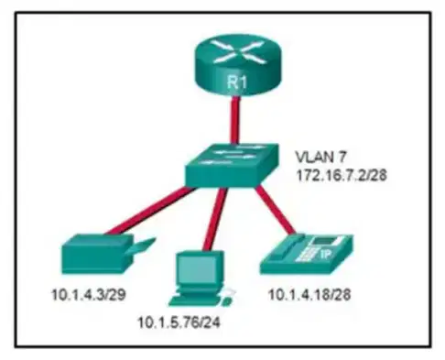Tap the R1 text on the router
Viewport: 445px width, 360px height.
(x=237, y=82)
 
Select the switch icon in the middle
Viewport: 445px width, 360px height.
(x=232, y=165)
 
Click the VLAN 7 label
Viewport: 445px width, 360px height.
(x=320, y=157)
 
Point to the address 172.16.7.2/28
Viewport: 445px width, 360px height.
(x=342, y=176)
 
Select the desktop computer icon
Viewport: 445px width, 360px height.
(x=201, y=278)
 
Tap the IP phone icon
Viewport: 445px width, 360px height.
(x=306, y=254)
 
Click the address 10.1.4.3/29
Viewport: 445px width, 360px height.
(x=89, y=295)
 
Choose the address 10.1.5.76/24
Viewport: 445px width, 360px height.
(x=179, y=322)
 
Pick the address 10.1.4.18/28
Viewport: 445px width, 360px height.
(x=309, y=295)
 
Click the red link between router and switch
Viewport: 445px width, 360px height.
(x=235, y=120)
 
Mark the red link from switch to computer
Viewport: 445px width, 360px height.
(x=215, y=219)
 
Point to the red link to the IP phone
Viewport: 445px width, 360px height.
(x=275, y=210)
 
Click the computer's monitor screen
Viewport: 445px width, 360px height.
(x=194, y=268)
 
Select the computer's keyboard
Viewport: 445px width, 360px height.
(x=195, y=300)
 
